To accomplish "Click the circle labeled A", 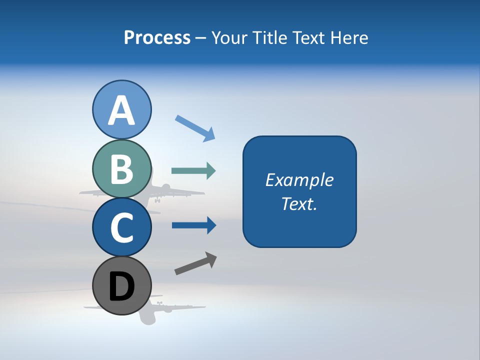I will pos(121,109).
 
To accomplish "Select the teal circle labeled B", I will pos(121,168).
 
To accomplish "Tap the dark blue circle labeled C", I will pos(121,227).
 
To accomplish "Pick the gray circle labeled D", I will pos(121,285).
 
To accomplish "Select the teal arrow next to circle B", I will pos(193,171).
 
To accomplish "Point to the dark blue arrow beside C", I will pos(194,225).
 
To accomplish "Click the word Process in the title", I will pos(157,37).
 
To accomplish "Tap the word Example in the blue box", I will pos(299,180).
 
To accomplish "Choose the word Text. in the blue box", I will pos(299,203).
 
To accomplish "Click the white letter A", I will pos(121,110).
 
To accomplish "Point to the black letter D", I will pos(121,286).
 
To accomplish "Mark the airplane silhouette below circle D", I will pos(150,312).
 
